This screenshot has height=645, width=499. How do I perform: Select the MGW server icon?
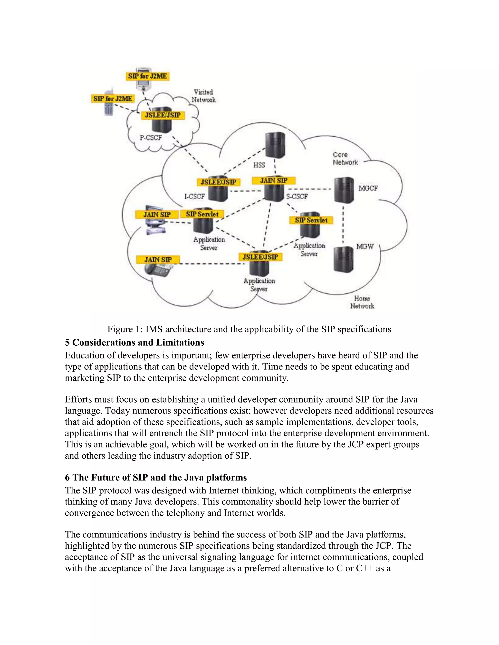coord(343,259)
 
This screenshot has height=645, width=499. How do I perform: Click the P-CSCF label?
coord(151,138)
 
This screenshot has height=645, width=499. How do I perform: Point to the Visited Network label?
coord(203,96)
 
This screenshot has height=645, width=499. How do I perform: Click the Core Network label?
coord(345,159)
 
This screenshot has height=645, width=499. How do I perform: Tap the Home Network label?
coord(362,302)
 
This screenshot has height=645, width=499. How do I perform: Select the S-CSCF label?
coord(297,197)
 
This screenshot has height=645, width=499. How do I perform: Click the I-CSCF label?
coord(194,196)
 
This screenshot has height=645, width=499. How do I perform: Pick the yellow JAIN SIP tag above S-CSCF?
coord(273,180)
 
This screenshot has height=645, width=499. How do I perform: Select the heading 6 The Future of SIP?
coord(156,478)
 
